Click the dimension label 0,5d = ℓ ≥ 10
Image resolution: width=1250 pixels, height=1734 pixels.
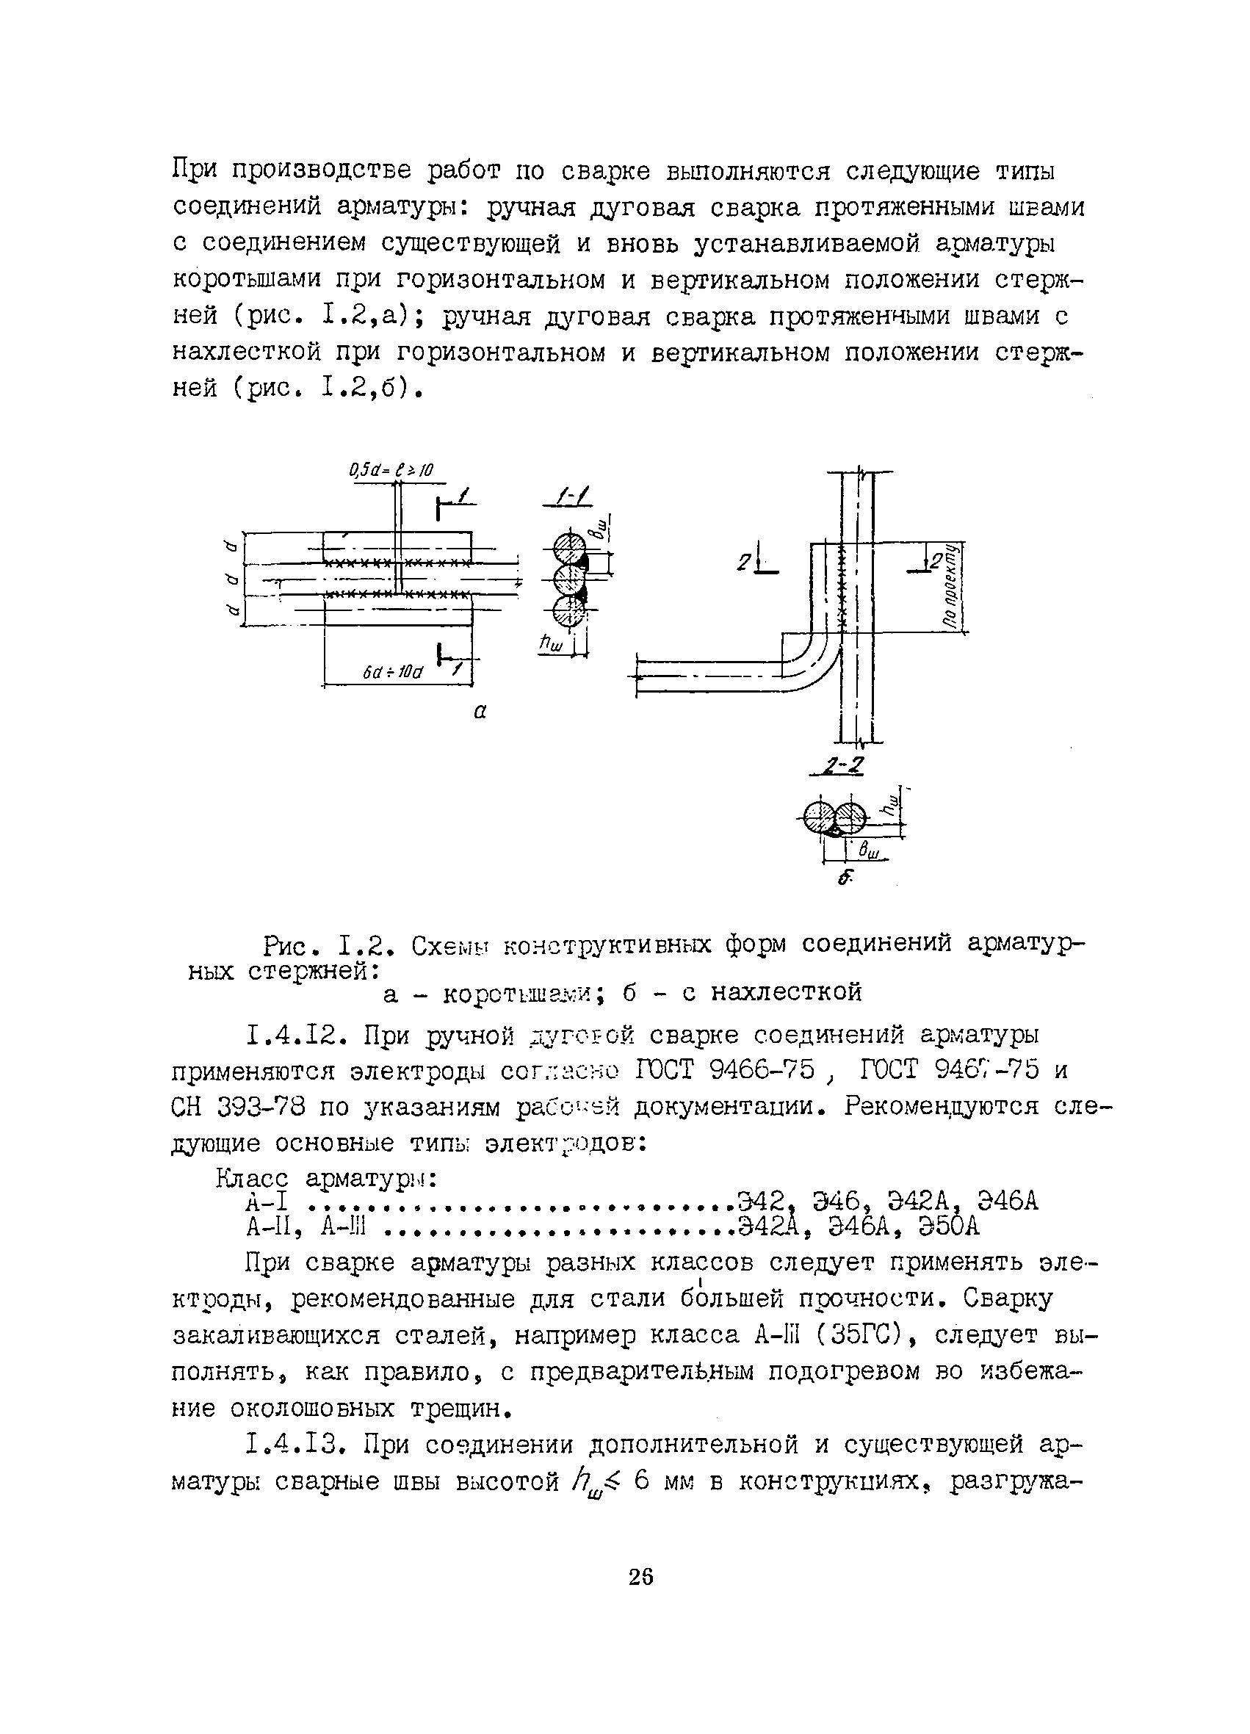click(x=391, y=470)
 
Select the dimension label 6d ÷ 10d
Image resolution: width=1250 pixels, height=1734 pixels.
click(x=393, y=672)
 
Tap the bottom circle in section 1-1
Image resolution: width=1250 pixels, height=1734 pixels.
click(x=568, y=612)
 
